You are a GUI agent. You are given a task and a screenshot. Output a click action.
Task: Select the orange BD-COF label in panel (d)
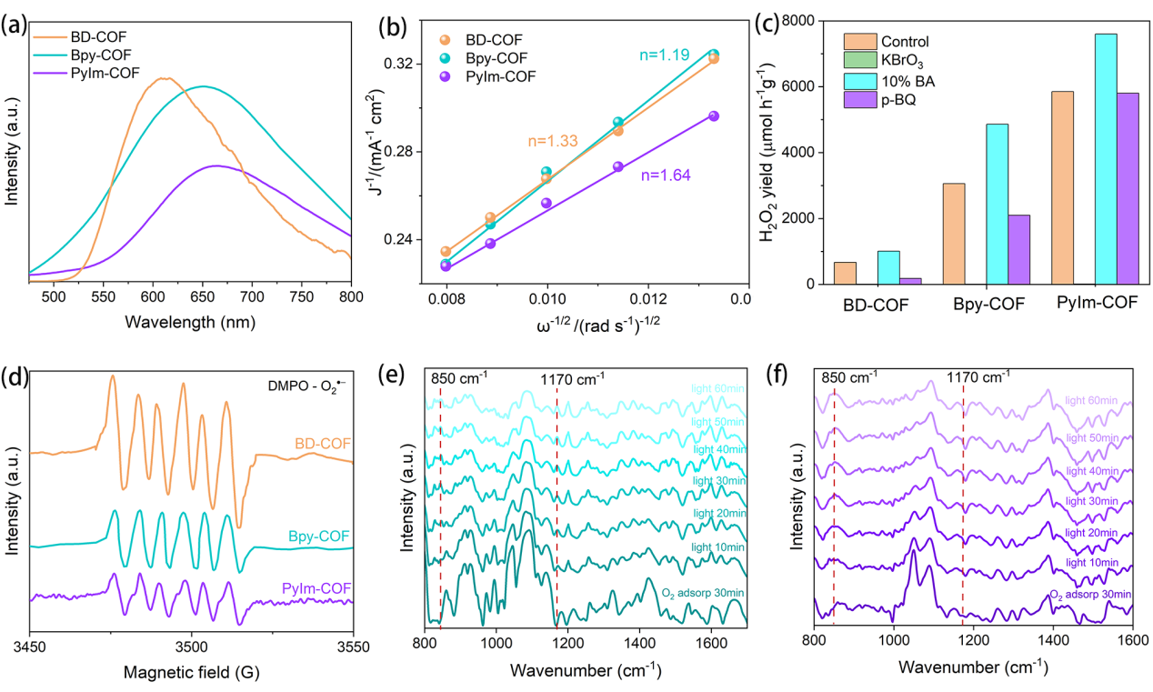coord(322,443)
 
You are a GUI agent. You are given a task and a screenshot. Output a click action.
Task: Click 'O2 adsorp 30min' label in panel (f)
coord(1090,594)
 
